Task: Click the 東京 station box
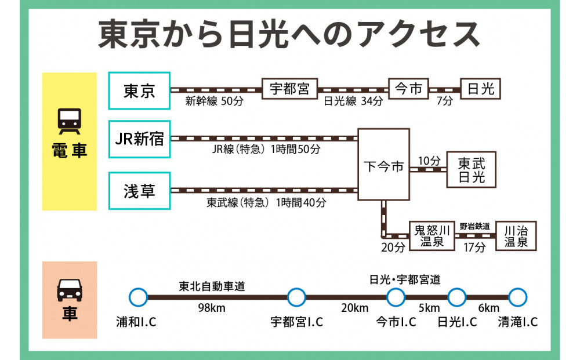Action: (139, 90)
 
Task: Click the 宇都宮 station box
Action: (289, 89)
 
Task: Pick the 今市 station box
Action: (408, 89)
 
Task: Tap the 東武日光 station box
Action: (471, 169)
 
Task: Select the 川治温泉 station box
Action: (516, 236)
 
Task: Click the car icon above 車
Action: (70, 288)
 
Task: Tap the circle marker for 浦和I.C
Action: (139, 297)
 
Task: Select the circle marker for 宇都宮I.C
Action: (296, 297)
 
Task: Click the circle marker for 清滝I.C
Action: (517, 297)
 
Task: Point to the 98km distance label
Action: (212, 308)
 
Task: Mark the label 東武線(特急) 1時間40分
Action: (266, 203)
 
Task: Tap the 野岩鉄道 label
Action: (474, 226)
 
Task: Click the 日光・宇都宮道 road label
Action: (405, 279)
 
